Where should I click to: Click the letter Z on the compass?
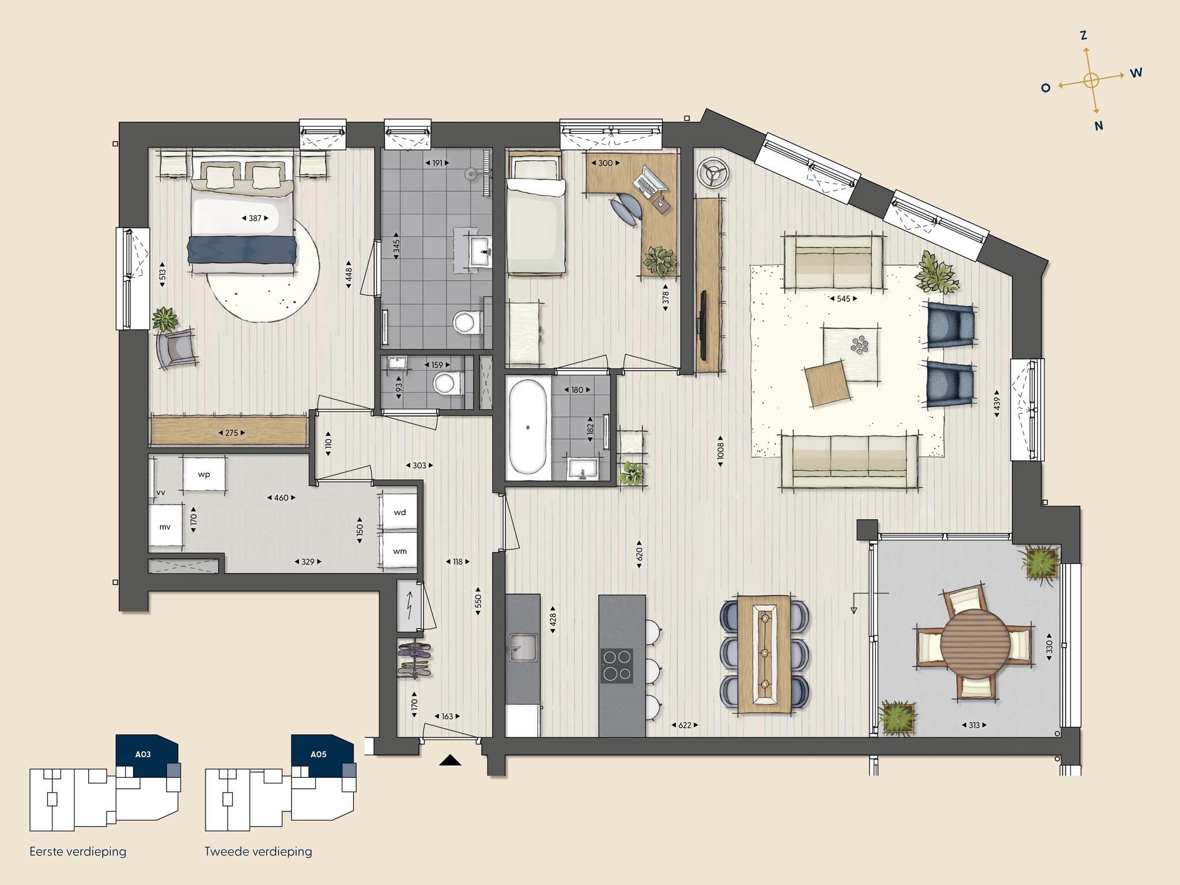pos(1084,36)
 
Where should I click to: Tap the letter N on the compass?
pos(1099,126)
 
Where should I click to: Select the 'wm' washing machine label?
pos(400,551)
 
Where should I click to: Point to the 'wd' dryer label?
pos(400,512)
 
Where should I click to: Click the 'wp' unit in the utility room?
pos(204,475)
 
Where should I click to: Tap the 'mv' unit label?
pos(165,527)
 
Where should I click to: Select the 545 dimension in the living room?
pos(843,298)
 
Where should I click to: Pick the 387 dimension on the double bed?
pos(255,218)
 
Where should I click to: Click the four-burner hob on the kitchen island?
pos(617,665)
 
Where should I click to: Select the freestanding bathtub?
pos(527,428)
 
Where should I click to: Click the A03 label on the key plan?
pos(143,754)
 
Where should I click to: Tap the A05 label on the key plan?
pos(319,754)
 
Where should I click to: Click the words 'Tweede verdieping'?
pos(258,851)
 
